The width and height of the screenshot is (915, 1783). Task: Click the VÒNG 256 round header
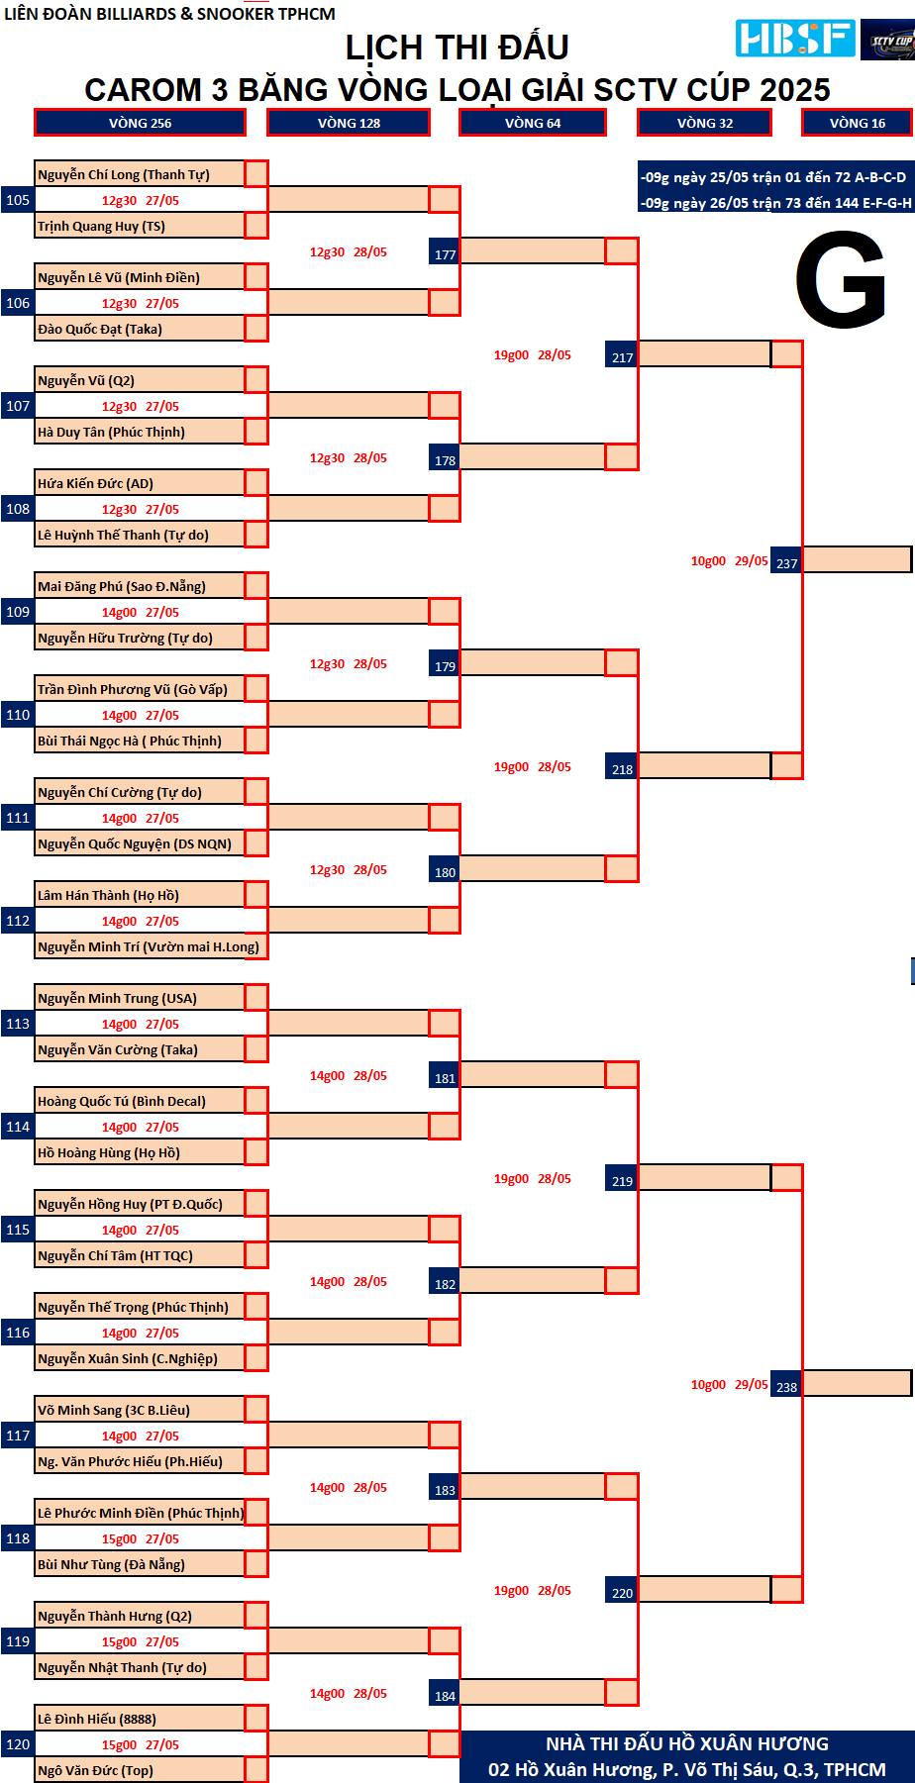[x=140, y=123]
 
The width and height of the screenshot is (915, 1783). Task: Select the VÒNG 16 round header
[x=857, y=123]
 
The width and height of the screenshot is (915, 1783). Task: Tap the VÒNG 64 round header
[x=533, y=123]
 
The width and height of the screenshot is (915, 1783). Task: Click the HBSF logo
[x=795, y=39]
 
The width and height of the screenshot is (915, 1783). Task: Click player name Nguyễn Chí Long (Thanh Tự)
[x=124, y=174]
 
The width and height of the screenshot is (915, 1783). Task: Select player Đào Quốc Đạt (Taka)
[x=100, y=329]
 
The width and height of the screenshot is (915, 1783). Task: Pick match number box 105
[x=18, y=200]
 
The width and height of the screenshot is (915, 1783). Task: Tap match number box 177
[x=446, y=253]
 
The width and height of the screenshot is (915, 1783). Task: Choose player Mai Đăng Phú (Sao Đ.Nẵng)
[x=122, y=586]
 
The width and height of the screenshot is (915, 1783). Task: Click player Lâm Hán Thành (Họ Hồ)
[x=108, y=895]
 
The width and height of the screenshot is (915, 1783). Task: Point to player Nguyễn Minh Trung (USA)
[x=117, y=998]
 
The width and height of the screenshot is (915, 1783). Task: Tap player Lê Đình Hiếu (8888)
[x=97, y=1719]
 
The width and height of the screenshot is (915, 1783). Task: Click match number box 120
[x=18, y=1744]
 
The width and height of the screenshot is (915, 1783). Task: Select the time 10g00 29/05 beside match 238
[x=729, y=1384]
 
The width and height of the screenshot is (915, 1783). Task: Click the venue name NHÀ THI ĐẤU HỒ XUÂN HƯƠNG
[x=687, y=1743]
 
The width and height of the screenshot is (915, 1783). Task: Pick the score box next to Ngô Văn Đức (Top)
[x=256, y=1770]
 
